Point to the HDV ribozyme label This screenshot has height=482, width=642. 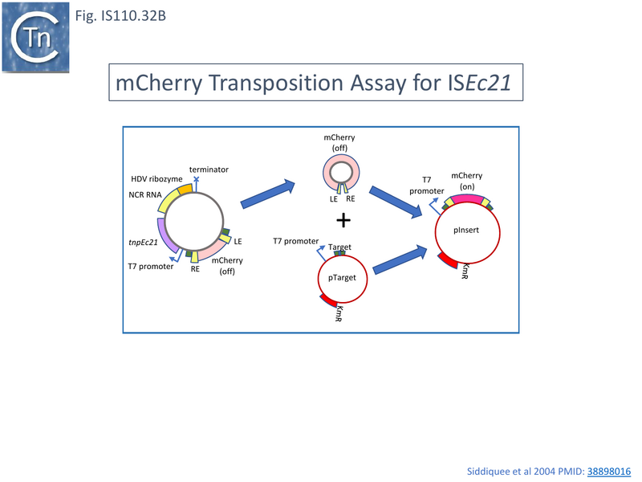point(156,178)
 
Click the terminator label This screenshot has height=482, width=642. point(209,170)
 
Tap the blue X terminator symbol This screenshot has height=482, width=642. point(197,181)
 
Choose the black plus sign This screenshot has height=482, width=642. point(343,219)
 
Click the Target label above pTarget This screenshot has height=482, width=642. point(339,247)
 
